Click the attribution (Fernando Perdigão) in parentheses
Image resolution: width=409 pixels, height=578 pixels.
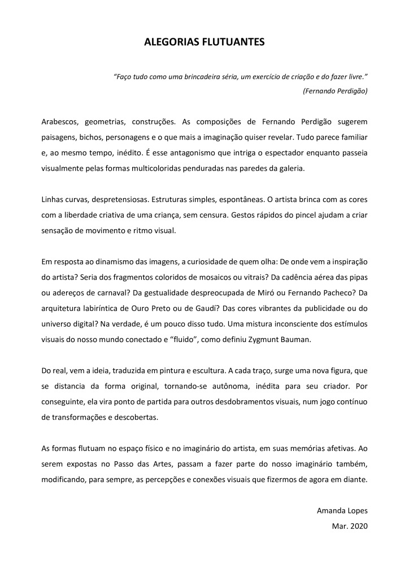pyautogui.click(x=335, y=90)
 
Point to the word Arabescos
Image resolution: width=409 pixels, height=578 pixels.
pyautogui.click(x=60, y=122)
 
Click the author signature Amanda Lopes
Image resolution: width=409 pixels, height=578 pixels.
pyautogui.click(x=342, y=511)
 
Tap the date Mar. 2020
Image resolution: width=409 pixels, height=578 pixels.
pyautogui.click(x=350, y=526)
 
